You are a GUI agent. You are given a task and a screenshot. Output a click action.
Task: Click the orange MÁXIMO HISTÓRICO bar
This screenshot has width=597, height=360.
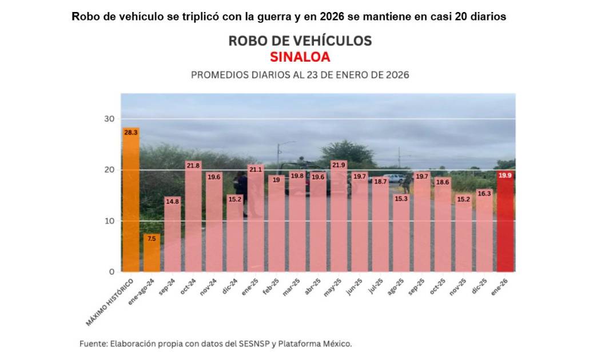(131, 200)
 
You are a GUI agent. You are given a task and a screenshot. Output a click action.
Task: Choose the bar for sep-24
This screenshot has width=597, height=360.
(172, 234)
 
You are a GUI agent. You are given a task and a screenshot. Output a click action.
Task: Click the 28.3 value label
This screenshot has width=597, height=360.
(131, 133)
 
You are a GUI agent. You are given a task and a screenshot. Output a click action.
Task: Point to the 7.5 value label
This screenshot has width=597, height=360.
(152, 238)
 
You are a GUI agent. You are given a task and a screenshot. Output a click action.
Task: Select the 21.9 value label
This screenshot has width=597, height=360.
(339, 165)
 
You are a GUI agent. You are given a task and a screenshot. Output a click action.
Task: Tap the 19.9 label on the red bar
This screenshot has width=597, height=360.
(505, 175)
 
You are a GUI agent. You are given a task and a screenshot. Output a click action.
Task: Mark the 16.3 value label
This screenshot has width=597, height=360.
(484, 194)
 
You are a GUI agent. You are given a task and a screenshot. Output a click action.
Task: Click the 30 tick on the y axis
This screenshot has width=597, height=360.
(109, 119)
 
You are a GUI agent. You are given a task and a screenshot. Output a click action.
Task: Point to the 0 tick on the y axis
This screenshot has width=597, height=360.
(112, 272)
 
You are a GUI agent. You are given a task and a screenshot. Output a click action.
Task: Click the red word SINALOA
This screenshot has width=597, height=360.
(300, 57)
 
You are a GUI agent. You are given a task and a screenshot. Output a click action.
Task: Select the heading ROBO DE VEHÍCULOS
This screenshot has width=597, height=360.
(300, 41)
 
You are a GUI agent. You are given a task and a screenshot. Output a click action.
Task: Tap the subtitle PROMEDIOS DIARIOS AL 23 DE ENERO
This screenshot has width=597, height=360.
(300, 75)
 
